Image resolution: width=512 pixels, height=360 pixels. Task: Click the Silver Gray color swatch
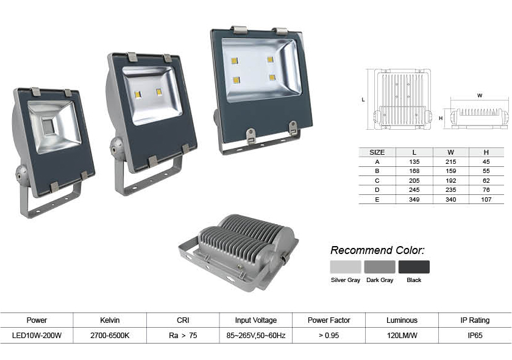click(x=346, y=267)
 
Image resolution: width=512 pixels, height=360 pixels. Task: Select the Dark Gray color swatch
click(x=380, y=267)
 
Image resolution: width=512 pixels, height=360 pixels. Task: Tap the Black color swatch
click(x=414, y=267)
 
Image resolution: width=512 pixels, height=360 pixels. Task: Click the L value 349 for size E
click(x=414, y=199)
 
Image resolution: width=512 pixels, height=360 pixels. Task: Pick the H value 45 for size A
click(x=486, y=161)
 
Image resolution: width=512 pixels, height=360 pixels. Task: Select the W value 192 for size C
click(x=450, y=180)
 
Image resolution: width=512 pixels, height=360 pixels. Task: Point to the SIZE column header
click(x=377, y=152)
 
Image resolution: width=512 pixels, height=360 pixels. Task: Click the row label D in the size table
click(x=377, y=190)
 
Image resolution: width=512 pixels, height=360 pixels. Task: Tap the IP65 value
click(x=475, y=336)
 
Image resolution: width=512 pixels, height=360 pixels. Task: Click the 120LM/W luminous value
click(x=402, y=336)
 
